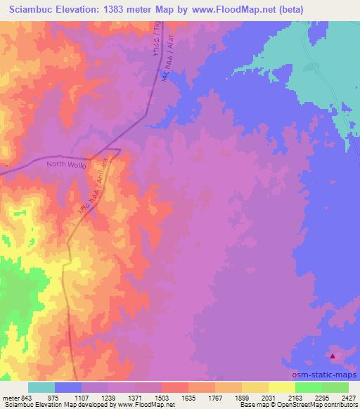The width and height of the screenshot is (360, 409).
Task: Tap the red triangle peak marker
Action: tap(333, 356)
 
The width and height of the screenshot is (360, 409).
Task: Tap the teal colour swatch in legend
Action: tap(41, 387)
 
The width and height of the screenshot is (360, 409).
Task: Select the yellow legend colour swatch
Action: tap(281, 387)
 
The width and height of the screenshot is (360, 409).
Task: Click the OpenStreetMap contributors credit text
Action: tap(320, 405)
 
